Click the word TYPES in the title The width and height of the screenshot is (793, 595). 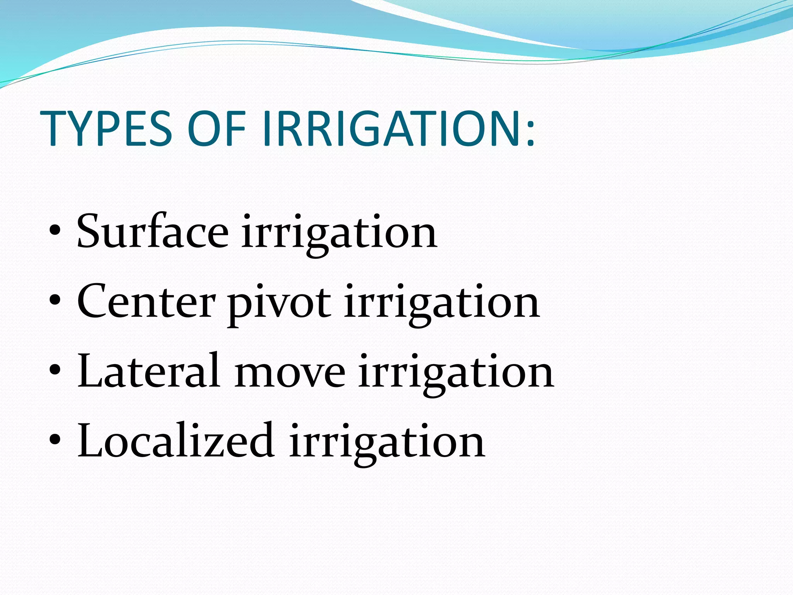coord(106,129)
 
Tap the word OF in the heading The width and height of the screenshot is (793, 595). coord(217,129)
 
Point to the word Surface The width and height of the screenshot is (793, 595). coord(153,231)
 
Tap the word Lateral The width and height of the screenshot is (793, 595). coord(149,371)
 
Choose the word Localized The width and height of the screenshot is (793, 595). coord(176,441)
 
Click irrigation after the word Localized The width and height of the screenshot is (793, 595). coord(387,444)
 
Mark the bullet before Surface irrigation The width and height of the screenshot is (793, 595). coord(55,231)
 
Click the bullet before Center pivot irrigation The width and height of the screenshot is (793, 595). coord(55,301)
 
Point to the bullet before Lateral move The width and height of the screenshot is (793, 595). coord(55,370)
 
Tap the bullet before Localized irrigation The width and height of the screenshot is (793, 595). coord(55,440)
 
